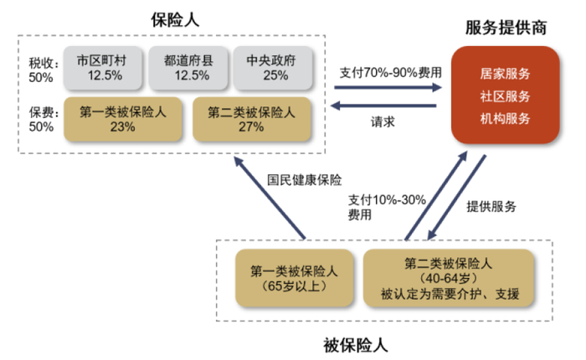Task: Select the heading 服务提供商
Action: coord(506,27)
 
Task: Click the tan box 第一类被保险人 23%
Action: coord(122,119)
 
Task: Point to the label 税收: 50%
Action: coord(41,69)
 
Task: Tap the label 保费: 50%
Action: coord(41,119)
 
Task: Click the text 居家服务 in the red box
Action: coord(506,74)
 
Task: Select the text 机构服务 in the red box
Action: coord(506,118)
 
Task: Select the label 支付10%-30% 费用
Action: coord(385,206)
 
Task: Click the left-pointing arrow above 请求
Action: coord(385,105)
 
